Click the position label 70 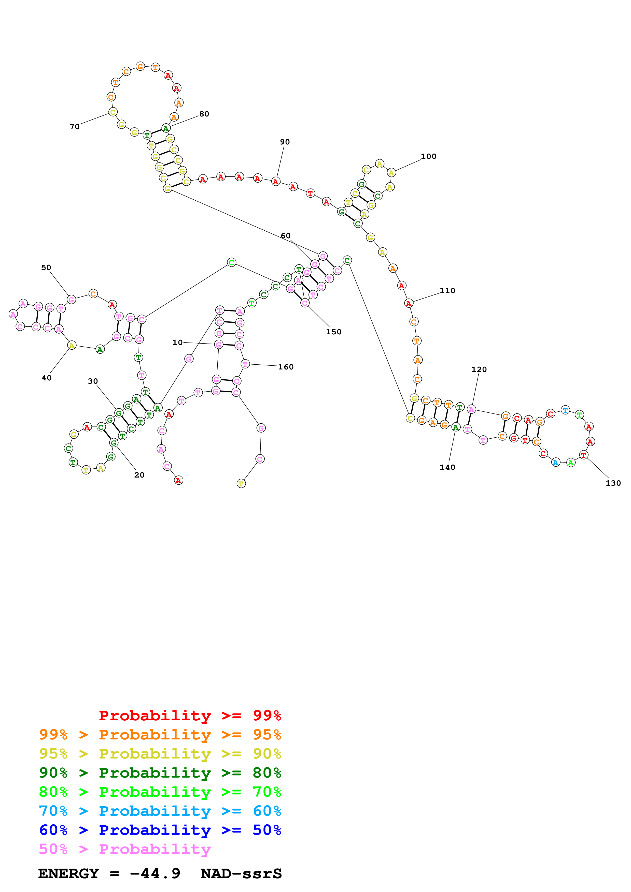(74, 127)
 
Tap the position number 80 (204, 114)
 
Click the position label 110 (447, 291)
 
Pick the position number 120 (479, 369)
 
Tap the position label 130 (613, 483)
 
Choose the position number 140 (447, 467)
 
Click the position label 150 (334, 332)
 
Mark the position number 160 (286, 367)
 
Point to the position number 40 (46, 378)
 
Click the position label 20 (139, 475)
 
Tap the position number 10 (177, 342)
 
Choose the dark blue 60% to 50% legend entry (160, 830)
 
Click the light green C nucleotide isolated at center (231, 263)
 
